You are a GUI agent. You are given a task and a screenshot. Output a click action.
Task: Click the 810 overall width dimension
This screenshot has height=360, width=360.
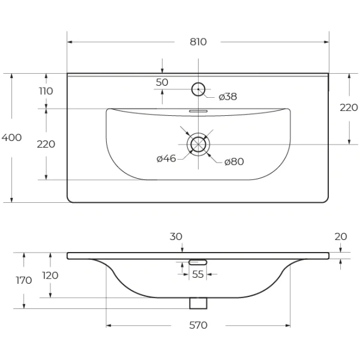(x=198, y=42)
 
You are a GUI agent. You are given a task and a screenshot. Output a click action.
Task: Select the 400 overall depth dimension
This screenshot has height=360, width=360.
(x=11, y=137)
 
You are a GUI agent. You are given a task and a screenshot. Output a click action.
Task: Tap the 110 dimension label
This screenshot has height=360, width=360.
(x=46, y=91)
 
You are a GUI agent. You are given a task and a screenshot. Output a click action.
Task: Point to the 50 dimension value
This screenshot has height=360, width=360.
(x=162, y=82)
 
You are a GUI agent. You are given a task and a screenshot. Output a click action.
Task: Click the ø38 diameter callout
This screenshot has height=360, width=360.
(x=228, y=97)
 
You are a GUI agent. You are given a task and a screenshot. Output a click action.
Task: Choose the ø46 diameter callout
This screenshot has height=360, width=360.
(x=166, y=158)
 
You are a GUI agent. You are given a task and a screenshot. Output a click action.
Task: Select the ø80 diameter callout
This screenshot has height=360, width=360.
(x=234, y=161)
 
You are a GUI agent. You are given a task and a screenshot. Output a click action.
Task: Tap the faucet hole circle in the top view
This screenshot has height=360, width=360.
(x=198, y=90)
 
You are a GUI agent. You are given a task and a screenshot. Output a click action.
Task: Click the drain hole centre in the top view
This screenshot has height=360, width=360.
(x=197, y=144)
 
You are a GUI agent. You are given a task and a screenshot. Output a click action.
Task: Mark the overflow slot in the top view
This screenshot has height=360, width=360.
(x=197, y=111)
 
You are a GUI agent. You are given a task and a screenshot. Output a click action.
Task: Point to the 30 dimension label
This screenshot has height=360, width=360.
(x=176, y=236)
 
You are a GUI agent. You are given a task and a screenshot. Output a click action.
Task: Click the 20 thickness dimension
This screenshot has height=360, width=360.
(x=340, y=236)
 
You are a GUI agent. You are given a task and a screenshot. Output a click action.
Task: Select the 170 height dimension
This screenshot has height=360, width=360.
(x=24, y=280)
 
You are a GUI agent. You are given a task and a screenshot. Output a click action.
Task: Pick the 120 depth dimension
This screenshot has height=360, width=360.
(x=50, y=275)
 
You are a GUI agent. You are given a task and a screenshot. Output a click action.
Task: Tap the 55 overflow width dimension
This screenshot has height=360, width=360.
(x=197, y=274)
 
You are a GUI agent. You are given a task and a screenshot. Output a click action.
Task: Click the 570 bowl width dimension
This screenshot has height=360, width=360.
(x=198, y=325)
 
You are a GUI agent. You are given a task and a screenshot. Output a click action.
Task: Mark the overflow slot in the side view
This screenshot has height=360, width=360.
(x=197, y=262)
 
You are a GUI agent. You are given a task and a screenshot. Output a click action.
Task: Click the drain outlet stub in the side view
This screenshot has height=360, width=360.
(x=197, y=303)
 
